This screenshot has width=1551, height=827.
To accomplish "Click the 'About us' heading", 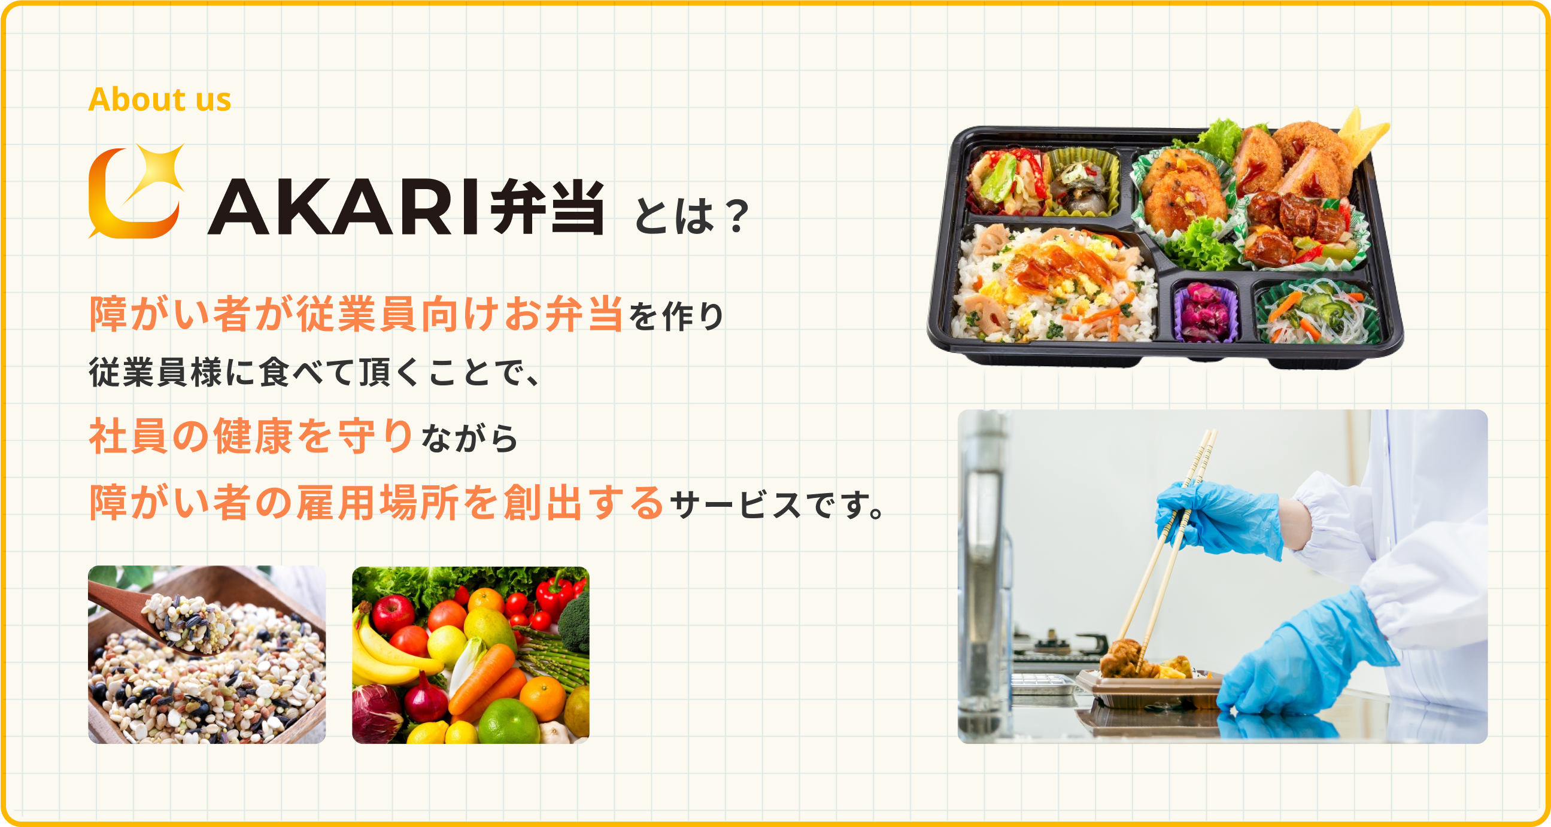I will [x=160, y=99].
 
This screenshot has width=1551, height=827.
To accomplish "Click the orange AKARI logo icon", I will [x=136, y=191].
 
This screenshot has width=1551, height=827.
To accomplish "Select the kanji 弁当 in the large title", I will [x=547, y=207].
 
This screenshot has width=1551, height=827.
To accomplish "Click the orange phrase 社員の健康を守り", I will [x=250, y=436].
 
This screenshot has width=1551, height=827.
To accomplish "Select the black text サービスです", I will [x=777, y=504].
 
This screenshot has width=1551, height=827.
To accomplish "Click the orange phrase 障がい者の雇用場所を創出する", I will [x=377, y=503].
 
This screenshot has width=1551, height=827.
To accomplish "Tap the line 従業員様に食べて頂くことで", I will [x=313, y=372].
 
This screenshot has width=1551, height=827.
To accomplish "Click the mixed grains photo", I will [x=207, y=654].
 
